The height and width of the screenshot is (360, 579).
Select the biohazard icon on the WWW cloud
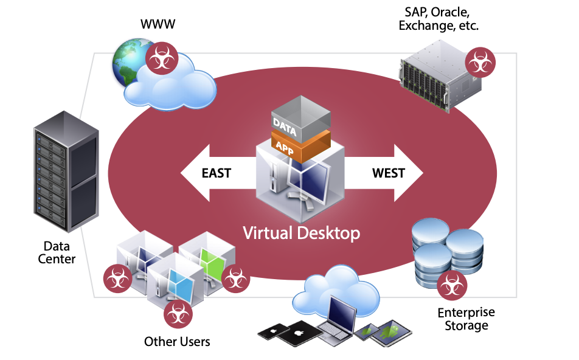click(161, 58)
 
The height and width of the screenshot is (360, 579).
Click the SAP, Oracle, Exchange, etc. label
click(438, 19)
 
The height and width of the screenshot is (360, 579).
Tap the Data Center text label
click(57, 252)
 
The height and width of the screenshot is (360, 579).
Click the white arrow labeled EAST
click(210, 173)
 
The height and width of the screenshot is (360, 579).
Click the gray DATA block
click(300, 119)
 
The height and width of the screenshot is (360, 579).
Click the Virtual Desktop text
click(301, 232)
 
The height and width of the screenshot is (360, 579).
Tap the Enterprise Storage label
click(466, 319)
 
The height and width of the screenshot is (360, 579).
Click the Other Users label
click(177, 341)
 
